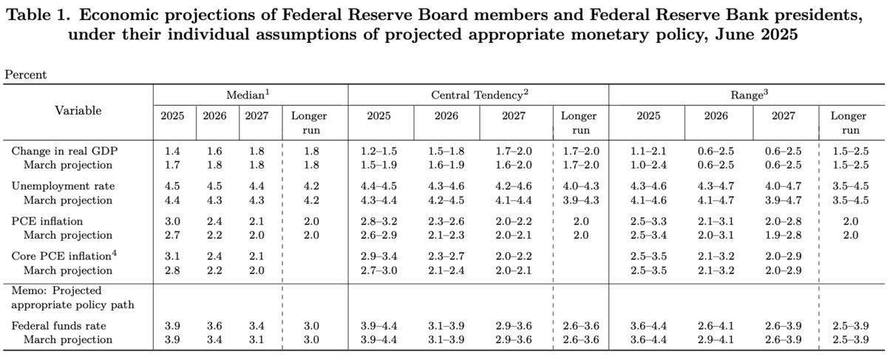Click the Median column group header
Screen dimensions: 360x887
[250, 94]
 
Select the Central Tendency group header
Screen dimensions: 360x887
[477, 94]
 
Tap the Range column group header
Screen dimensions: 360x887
[746, 94]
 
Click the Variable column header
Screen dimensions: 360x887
[78, 111]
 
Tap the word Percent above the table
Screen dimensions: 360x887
[26, 75]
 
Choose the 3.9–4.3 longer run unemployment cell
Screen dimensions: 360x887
[580, 200]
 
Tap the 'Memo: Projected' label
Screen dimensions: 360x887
[56, 291]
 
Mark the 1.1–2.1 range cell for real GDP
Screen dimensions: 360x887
[648, 151]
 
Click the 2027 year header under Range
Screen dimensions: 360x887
[784, 116]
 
